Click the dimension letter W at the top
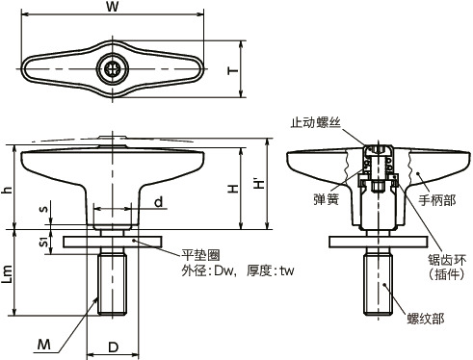point(113,7)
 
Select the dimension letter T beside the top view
point(233,70)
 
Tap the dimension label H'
point(259,183)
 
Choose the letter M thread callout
point(44,345)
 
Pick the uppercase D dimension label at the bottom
point(113,347)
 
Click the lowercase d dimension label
point(159,202)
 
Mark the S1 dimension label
point(44,243)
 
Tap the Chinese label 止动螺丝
point(315,122)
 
